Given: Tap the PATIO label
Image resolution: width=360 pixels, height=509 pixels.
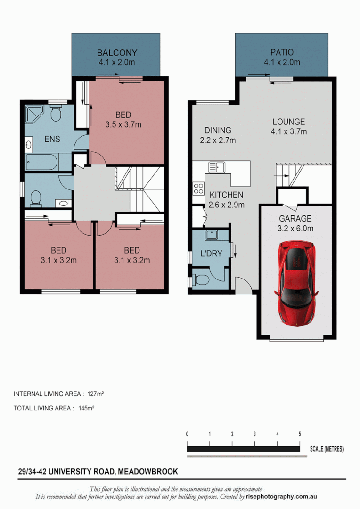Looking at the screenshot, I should coord(282,53).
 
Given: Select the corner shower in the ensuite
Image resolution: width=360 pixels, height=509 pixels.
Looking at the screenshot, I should coord(34,114).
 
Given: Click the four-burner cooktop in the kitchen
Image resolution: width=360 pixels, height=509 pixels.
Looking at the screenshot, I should coord(198,189).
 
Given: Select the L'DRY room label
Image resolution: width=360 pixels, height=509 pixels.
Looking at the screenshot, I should coord(211,254).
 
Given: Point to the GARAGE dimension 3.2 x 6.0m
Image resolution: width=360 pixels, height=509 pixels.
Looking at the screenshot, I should coord(295,229).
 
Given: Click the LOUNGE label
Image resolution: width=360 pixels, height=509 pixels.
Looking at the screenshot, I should coord(288,122).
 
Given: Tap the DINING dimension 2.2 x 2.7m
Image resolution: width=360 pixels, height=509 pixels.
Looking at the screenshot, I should coord(217,140).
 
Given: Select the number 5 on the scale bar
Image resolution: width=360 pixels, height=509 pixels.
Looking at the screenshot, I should coord(300,434).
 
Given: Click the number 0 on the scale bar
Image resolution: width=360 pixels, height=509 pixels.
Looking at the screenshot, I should coord(188,434).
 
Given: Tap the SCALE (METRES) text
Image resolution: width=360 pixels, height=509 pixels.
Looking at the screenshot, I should coord(327,449).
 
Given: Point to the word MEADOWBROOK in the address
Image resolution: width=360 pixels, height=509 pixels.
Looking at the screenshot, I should coord(148,471).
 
